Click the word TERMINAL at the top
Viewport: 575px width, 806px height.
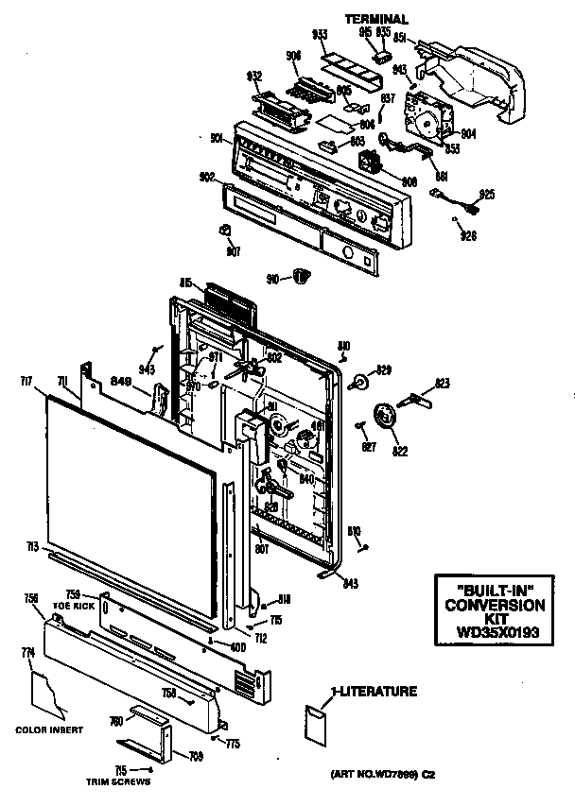pyautogui.click(x=376, y=19)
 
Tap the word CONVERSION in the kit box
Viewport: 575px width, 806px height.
pyautogui.click(x=495, y=605)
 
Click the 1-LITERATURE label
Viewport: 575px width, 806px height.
pyautogui.click(x=374, y=692)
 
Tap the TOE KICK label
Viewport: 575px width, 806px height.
pyautogui.click(x=75, y=605)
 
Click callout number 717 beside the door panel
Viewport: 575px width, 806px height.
pyautogui.click(x=26, y=380)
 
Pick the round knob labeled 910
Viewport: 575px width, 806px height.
pyautogui.click(x=302, y=275)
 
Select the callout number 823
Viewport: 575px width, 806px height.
pyautogui.click(x=443, y=385)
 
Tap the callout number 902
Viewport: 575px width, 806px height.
pyautogui.click(x=207, y=176)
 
